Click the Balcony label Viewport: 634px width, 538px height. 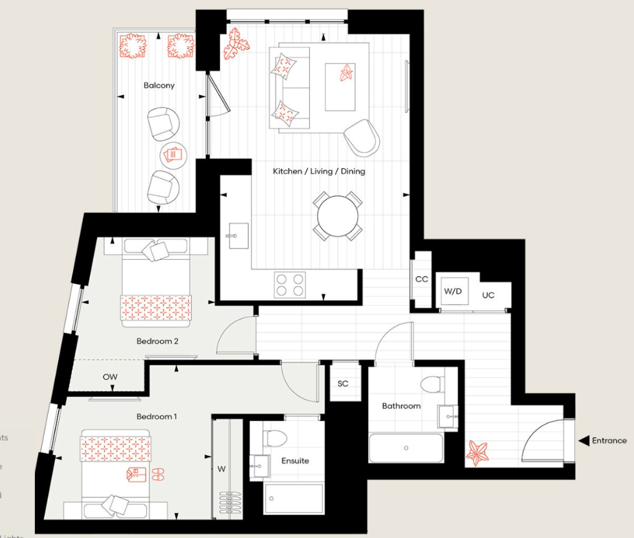[x=159, y=85]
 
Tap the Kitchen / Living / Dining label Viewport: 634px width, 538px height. [x=318, y=171]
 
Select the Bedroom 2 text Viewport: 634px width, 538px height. [x=157, y=341]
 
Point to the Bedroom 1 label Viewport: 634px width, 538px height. [x=156, y=416]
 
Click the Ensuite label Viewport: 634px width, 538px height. [x=295, y=461]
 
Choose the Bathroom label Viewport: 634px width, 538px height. [x=401, y=406]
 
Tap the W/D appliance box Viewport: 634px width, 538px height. [x=453, y=292]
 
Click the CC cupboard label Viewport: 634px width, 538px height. [x=422, y=279]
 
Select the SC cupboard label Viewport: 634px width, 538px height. [x=343, y=383]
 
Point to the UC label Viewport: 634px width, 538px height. [x=488, y=295]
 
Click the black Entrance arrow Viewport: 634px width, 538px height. [x=582, y=441]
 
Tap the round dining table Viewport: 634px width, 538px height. [x=336, y=215]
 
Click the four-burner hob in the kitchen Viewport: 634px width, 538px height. [x=290, y=285]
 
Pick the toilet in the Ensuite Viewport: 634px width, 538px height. [x=276, y=438]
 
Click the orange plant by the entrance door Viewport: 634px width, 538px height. [x=479, y=453]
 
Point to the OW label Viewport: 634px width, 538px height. [x=110, y=376]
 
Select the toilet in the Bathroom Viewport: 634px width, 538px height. [x=432, y=384]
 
